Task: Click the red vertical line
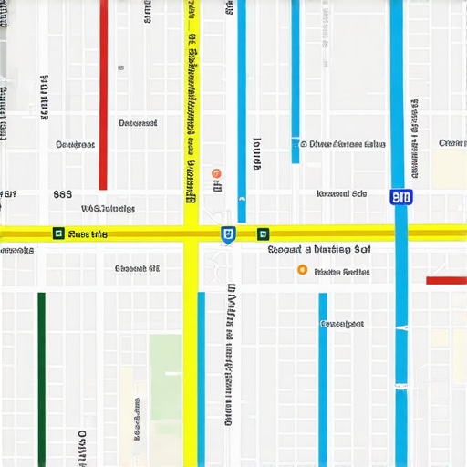click(x=103, y=91)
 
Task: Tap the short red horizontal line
click(x=446, y=280)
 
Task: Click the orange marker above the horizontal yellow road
click(x=216, y=172)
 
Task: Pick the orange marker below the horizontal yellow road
click(x=302, y=270)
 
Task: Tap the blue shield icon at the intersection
click(x=227, y=235)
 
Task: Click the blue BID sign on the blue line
click(x=400, y=197)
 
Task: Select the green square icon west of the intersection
click(x=58, y=233)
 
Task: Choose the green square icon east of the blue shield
click(x=263, y=233)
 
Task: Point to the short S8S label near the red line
click(x=62, y=194)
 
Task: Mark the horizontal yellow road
click(x=109, y=233)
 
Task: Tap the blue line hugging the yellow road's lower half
click(x=202, y=365)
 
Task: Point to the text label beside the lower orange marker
click(x=342, y=272)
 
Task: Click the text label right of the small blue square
click(x=347, y=143)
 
